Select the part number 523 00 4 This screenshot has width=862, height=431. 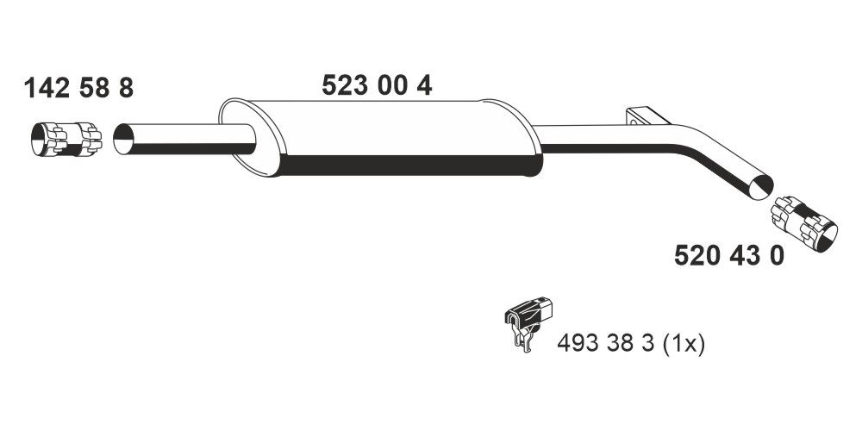coord(377,85)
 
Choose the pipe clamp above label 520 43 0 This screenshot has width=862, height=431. coord(803,222)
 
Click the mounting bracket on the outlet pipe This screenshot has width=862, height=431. coord(640,118)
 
